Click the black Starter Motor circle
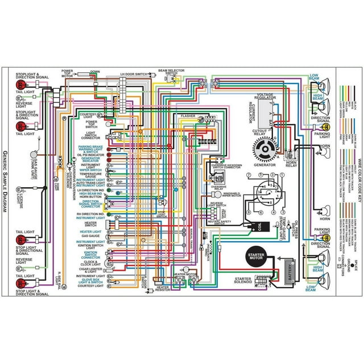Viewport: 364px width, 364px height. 258,255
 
